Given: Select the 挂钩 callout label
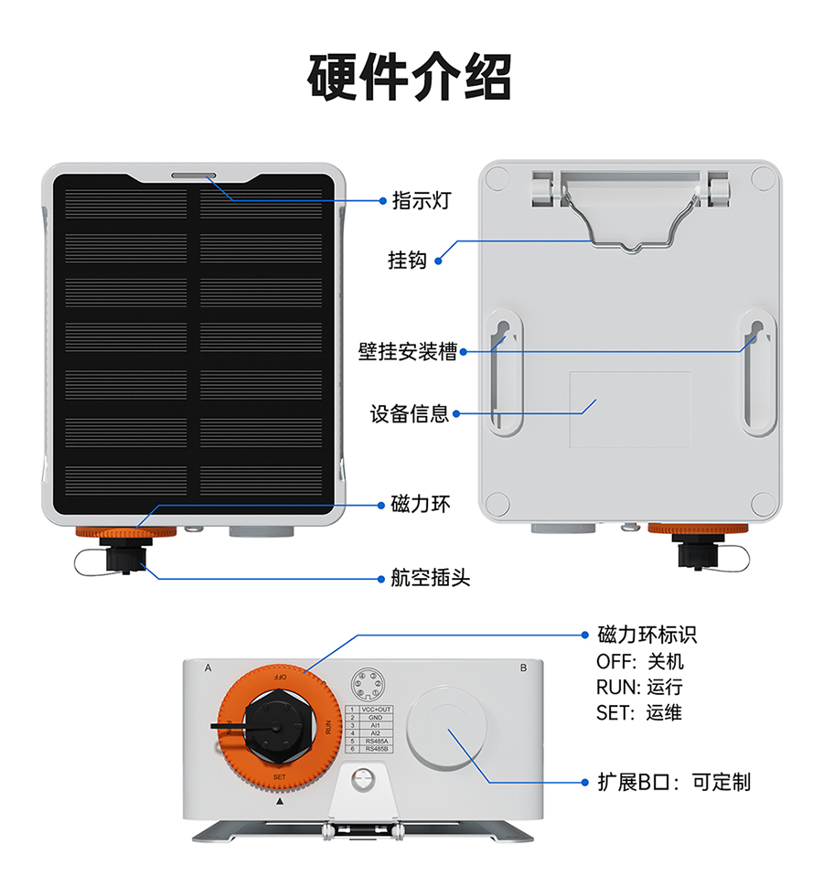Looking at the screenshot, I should (x=407, y=261).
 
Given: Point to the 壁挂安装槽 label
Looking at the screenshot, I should (x=407, y=350).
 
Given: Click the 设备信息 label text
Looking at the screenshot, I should (x=409, y=413).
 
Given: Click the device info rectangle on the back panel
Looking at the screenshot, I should (x=630, y=409).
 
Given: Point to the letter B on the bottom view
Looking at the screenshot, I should (x=523, y=668).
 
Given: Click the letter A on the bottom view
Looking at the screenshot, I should (x=208, y=668).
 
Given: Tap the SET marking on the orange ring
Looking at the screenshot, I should (x=280, y=776).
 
